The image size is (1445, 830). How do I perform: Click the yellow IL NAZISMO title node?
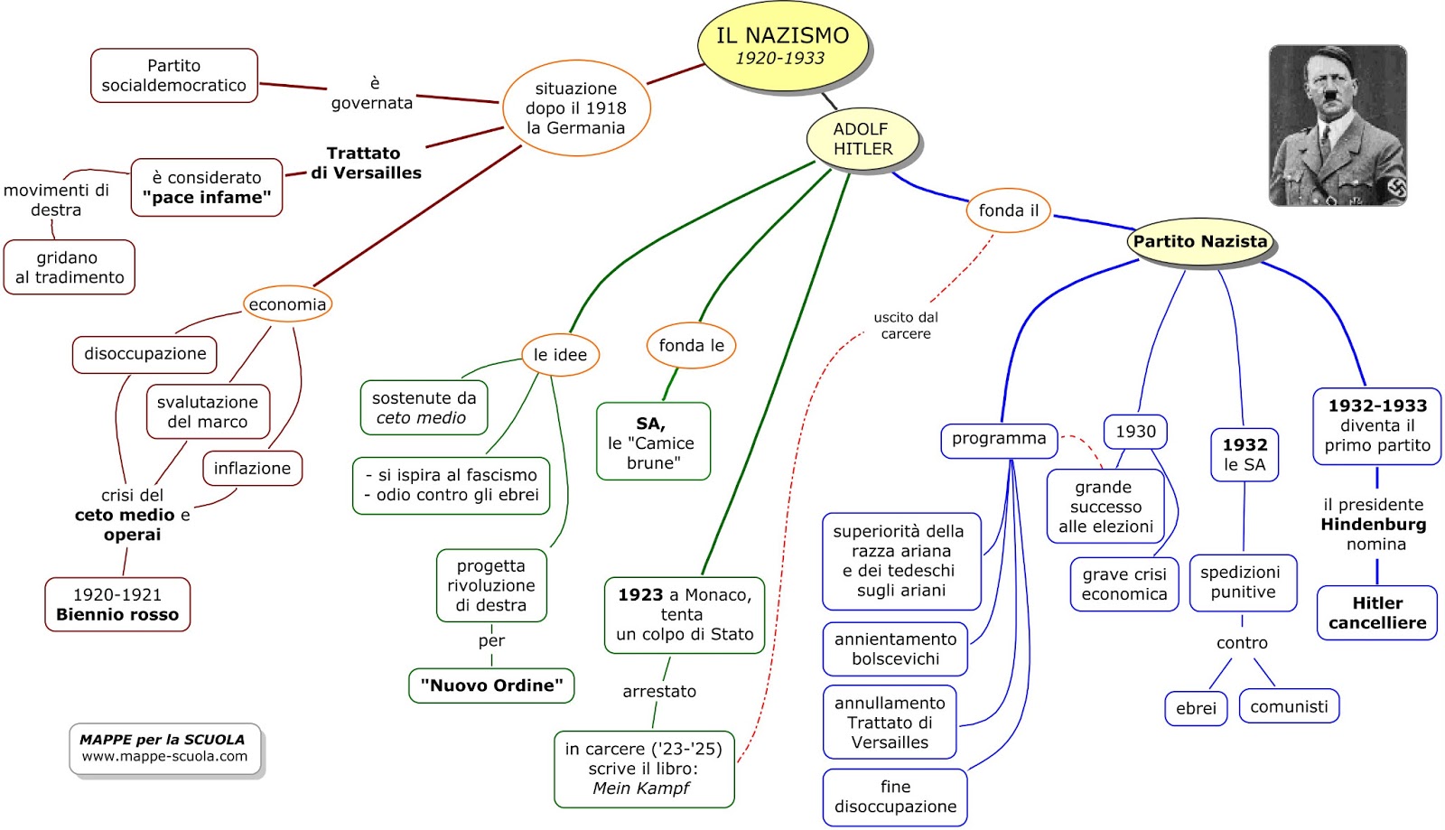point(782,46)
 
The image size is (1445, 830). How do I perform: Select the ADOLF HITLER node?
point(862,139)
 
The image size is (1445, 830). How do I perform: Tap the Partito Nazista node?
point(1200,241)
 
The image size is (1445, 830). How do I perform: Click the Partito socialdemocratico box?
point(174,76)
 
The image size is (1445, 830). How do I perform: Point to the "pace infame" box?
point(207,188)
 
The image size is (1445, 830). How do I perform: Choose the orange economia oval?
point(287,304)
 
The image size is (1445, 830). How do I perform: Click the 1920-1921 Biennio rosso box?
point(117,604)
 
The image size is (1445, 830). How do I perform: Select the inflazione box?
point(252,468)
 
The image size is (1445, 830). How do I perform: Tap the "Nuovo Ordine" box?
point(491,685)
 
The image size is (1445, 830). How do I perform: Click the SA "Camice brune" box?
point(653,442)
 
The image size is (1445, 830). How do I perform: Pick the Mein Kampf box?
point(643,769)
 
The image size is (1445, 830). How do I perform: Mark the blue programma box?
point(999,440)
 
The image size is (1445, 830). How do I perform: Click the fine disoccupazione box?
point(895,797)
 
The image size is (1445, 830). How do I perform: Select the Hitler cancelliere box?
point(1377,612)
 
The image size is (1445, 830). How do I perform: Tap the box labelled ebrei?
point(1196,708)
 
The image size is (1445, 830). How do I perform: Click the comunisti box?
point(1289,706)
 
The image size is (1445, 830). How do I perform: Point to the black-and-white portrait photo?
point(1338,125)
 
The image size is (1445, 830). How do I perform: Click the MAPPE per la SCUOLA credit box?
point(164,748)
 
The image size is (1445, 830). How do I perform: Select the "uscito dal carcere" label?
point(906,325)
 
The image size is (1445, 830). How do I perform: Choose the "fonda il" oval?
point(1008,210)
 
